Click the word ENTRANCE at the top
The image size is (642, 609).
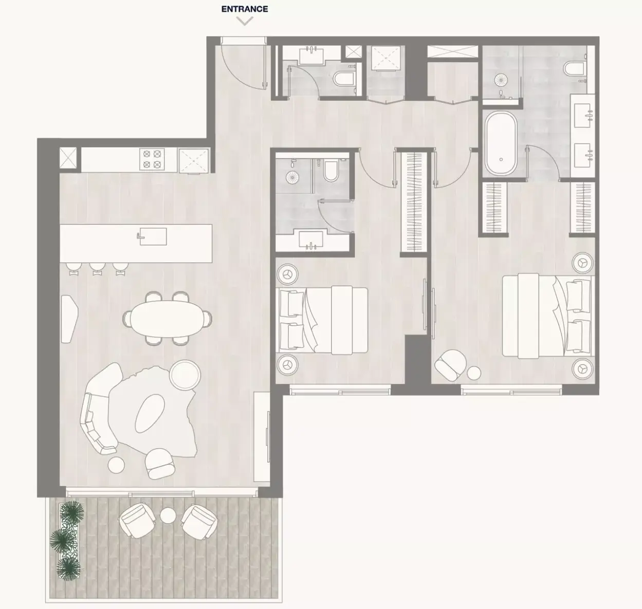[245, 9]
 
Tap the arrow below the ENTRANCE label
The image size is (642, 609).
[245, 22]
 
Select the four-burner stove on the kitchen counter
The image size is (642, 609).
[152, 159]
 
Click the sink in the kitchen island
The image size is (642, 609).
[152, 236]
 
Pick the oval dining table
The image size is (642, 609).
[167, 319]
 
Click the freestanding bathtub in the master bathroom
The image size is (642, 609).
[501, 143]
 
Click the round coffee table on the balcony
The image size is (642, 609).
[168, 515]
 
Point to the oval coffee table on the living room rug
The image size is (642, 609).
[150, 413]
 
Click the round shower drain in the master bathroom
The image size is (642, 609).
[500, 80]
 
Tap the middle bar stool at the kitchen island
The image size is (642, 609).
[97, 268]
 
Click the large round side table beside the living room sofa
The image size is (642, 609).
[186, 375]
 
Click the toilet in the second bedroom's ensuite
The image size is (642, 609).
[331, 171]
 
